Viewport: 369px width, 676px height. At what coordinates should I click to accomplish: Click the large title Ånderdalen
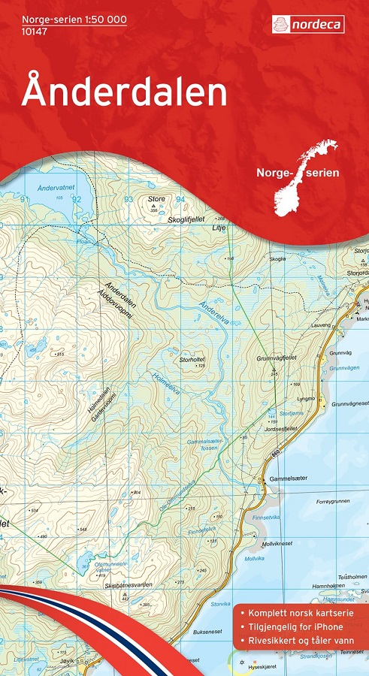click(124, 92)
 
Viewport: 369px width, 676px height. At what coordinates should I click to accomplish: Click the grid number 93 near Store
click(129, 199)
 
